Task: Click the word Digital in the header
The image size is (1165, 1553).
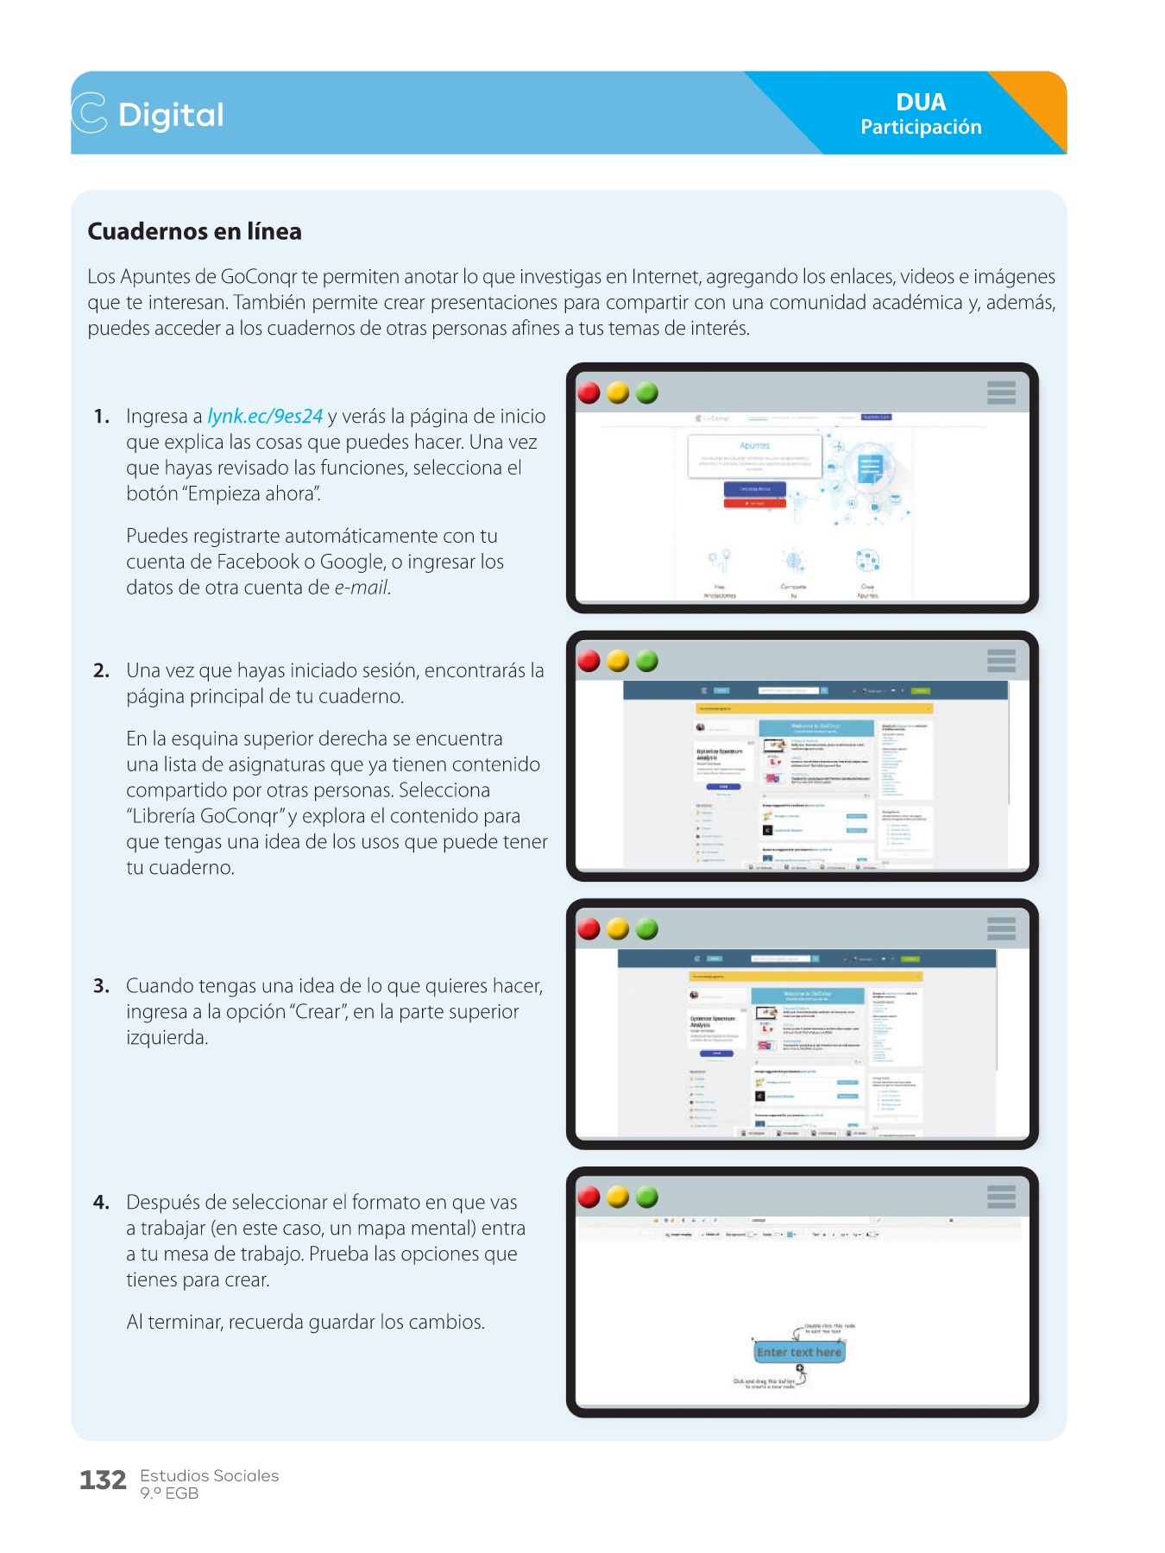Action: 171,115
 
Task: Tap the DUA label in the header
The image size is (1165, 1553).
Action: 921,102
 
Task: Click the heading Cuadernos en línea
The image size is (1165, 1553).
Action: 195,231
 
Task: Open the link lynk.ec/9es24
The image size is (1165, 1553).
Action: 265,416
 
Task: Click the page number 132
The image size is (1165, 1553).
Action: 103,1481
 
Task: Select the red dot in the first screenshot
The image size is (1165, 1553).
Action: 589,393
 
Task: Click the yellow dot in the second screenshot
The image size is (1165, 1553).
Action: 618,661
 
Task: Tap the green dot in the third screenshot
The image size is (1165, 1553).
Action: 647,929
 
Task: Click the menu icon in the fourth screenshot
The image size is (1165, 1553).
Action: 1001,1197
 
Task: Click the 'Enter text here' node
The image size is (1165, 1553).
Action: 799,1352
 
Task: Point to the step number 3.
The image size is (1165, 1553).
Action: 101,986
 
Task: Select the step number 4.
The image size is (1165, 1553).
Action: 101,1203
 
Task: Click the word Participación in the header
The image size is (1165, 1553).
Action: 921,128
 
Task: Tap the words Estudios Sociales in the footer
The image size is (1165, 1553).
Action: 210,1475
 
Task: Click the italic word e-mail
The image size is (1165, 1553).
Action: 362,588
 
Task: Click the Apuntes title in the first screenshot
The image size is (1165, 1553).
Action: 755,445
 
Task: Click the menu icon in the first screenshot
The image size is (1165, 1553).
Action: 1001,393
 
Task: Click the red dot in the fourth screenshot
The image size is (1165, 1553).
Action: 589,1197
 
